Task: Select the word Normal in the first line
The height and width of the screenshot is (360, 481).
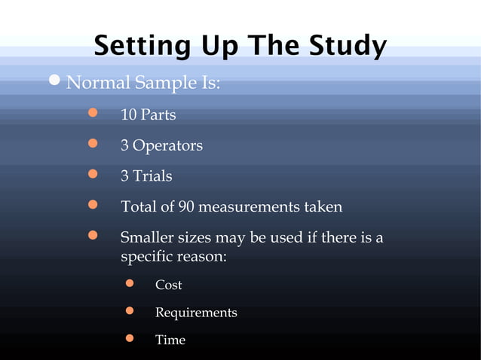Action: coord(98,83)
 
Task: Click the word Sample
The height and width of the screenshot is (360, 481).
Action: coord(162,83)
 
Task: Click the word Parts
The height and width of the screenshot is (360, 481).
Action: coord(158,116)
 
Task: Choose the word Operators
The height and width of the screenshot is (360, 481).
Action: coord(167,145)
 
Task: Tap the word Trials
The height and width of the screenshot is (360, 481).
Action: coord(152,176)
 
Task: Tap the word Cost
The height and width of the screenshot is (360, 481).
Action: coord(168,285)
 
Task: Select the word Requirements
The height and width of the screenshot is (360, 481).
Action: coord(196,313)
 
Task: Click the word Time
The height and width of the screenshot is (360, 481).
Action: coord(170,340)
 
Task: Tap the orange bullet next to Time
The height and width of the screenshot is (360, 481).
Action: coord(128,338)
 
